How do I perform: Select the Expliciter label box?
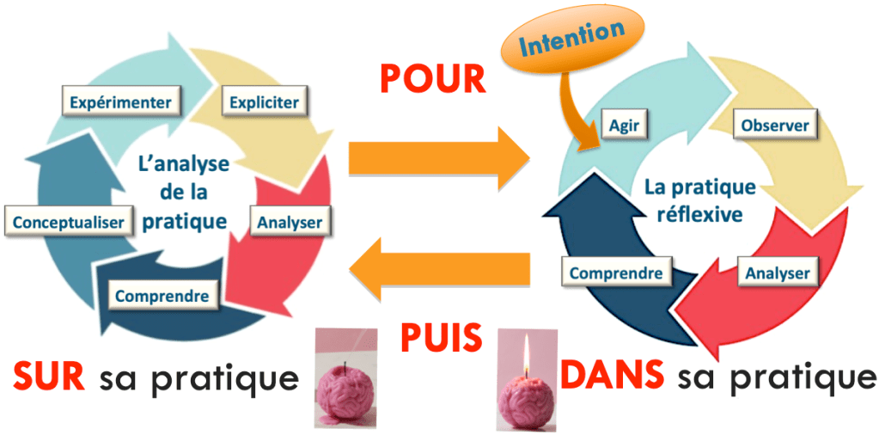click(x=264, y=103)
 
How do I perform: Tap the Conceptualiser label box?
click(x=70, y=222)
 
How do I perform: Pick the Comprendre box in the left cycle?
click(x=162, y=297)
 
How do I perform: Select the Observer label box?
click(x=774, y=126)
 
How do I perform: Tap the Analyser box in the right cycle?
click(x=777, y=274)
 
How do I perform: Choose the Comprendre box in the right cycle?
click(x=616, y=273)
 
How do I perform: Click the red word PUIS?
click(x=441, y=338)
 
